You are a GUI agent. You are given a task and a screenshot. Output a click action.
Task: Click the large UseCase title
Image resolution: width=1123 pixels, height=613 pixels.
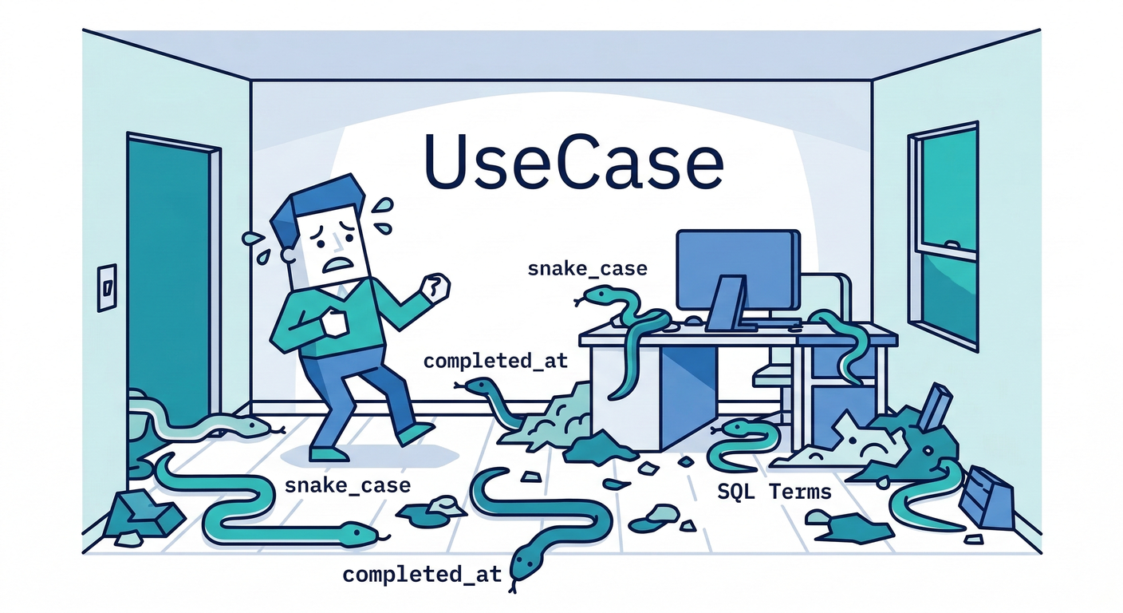pos(573,161)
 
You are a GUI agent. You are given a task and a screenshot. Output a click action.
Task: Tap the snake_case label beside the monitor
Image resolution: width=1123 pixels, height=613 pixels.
pos(588,270)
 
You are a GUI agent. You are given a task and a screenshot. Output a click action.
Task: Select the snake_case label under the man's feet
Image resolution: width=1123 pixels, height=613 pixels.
pos(348,486)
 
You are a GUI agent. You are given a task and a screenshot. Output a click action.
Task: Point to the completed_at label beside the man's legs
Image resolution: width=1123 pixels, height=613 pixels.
pos(495,361)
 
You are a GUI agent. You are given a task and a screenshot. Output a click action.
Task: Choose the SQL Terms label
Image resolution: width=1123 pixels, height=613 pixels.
pos(774,492)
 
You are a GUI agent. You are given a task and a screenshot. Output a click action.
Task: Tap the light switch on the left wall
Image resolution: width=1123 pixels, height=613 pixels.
pos(107,287)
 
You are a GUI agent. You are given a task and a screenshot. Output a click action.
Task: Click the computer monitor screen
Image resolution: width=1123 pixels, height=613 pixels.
pos(738,270)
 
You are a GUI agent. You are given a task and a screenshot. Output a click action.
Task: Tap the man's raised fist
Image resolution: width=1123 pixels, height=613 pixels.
pos(435,287)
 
